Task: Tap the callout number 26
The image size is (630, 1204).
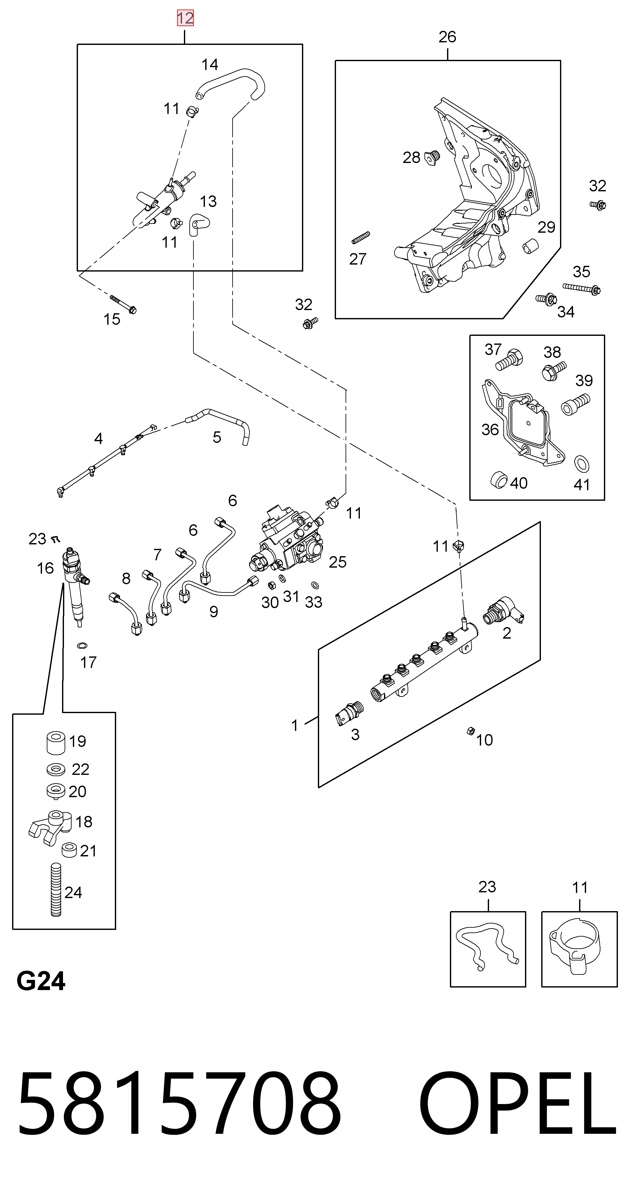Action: pos(447,37)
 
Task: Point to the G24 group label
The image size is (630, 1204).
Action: pos(41,981)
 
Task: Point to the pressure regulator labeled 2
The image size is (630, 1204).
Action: pos(504,610)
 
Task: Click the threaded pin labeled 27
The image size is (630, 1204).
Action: pos(360,237)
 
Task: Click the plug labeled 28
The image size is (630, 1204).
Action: pos(432,158)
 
